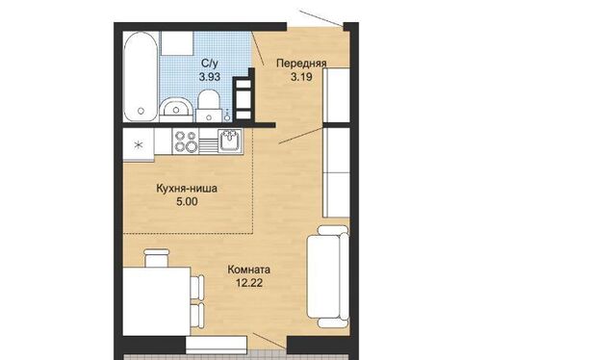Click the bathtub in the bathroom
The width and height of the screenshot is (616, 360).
click(x=141, y=77)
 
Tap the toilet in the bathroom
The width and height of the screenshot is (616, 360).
click(x=208, y=104)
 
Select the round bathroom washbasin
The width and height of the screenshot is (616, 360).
click(x=176, y=109)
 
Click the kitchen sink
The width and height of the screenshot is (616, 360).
click(x=230, y=140)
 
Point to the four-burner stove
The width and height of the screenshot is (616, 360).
click(x=186, y=141)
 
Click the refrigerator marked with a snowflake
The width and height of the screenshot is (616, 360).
click(x=139, y=144)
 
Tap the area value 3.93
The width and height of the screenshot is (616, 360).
click(x=210, y=77)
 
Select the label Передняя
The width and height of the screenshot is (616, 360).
click(x=301, y=64)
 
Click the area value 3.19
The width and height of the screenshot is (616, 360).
click(x=301, y=77)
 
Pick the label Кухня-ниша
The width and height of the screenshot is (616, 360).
click(x=187, y=189)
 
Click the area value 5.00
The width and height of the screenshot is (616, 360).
click(x=187, y=202)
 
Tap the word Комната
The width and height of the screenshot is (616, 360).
click(x=248, y=270)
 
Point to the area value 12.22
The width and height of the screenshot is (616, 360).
click(x=249, y=283)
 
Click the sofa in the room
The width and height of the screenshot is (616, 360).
click(x=328, y=276)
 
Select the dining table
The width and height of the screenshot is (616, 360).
click(x=157, y=301)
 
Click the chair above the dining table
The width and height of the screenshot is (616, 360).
click(x=156, y=257)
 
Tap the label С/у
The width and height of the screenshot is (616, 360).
click(x=210, y=64)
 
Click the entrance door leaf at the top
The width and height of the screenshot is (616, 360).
click(x=321, y=18)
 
